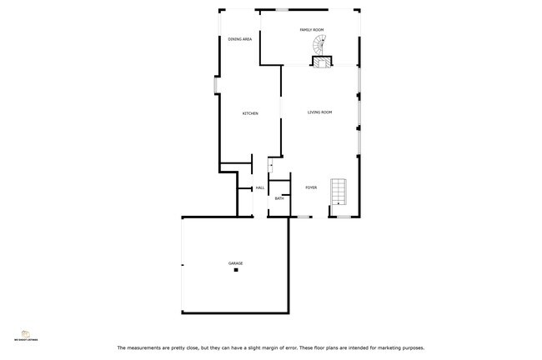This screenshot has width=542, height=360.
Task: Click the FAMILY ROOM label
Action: tap(312, 30)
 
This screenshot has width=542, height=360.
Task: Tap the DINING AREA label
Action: tap(240, 39)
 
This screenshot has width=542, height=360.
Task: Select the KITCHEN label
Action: tap(250, 113)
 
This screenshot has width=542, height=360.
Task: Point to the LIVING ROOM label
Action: tap(320, 112)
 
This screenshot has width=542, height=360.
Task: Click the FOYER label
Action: tap(311, 187)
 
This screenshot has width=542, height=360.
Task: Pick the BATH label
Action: tap(279, 198)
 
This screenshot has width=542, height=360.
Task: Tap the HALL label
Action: tap(260, 187)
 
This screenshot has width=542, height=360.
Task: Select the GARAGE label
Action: tap(236, 263)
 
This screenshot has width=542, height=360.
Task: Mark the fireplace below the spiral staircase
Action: tap(322, 60)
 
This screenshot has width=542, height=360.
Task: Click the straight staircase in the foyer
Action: tap(339, 191)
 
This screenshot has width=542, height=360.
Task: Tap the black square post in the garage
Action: tap(236, 271)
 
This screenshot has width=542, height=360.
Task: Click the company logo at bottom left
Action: tap(26, 332)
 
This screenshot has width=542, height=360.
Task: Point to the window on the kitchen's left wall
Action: tap(216, 85)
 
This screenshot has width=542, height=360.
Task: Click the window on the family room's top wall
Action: tap(284, 10)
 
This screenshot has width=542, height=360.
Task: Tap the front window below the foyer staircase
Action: tap(343, 217)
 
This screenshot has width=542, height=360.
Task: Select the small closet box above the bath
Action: tap(272, 167)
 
